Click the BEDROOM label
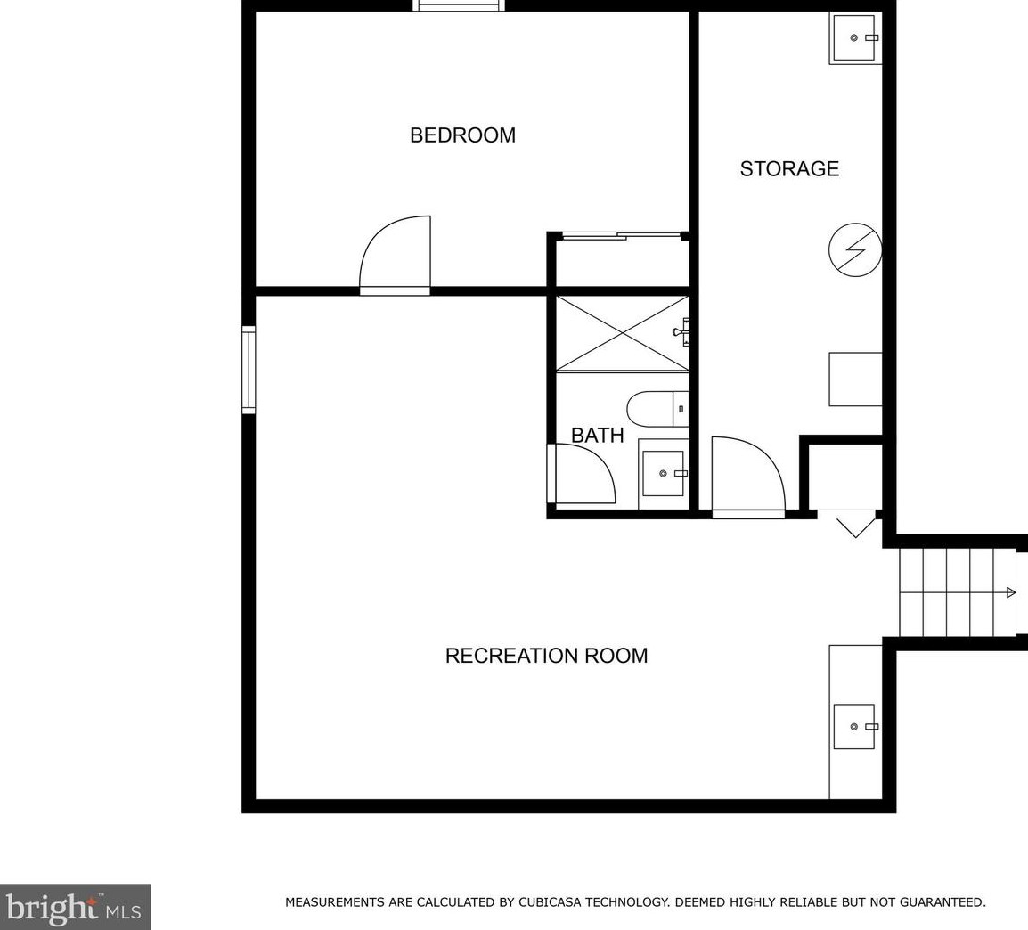coord(462,135)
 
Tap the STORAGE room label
coord(789,169)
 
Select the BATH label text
coord(597,436)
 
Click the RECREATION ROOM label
coord(546,657)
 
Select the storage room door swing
coord(747,476)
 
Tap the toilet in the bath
coord(657,409)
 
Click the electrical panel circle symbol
coord(854,249)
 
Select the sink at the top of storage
coord(856,38)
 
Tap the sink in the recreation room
coord(854,726)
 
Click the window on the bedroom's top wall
coord(459,5)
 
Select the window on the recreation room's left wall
coord(249,370)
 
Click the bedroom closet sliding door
coord(621,236)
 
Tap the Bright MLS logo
coord(75,907)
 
